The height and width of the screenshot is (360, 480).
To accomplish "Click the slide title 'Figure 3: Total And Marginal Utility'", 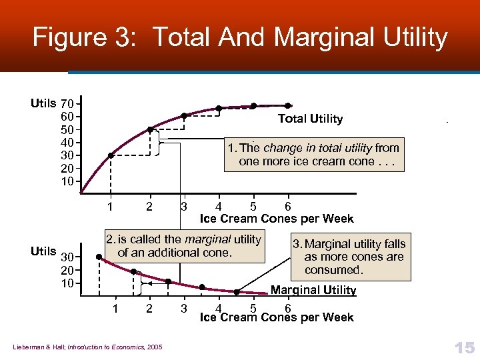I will click(x=240, y=37).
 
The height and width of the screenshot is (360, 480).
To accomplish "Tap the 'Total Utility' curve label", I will click(x=310, y=119).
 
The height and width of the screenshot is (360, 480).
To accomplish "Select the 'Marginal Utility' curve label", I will click(x=313, y=290).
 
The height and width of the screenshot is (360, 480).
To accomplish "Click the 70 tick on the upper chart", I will click(x=67, y=104).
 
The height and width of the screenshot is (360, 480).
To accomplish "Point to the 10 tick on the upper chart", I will click(x=67, y=181).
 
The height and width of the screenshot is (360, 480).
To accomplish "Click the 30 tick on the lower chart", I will click(x=67, y=258).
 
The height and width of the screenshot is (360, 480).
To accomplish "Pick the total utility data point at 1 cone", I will click(x=111, y=155).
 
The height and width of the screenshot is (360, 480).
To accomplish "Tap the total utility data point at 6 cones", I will click(x=288, y=105).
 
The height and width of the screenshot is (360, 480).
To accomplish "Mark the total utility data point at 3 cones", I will click(x=184, y=116).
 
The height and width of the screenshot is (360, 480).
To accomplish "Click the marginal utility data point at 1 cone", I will click(x=99, y=258).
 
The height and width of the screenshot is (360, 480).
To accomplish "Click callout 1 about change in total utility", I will click(x=313, y=155).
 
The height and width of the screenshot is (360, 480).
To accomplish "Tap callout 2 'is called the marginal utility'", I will click(x=183, y=246).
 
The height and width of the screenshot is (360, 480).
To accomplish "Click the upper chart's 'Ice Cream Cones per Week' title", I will click(x=277, y=219).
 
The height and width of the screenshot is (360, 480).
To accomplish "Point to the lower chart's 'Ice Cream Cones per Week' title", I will click(x=277, y=317).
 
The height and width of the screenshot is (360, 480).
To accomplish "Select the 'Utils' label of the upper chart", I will click(x=43, y=103).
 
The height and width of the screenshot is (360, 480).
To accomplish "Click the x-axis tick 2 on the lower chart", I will click(x=149, y=308).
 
